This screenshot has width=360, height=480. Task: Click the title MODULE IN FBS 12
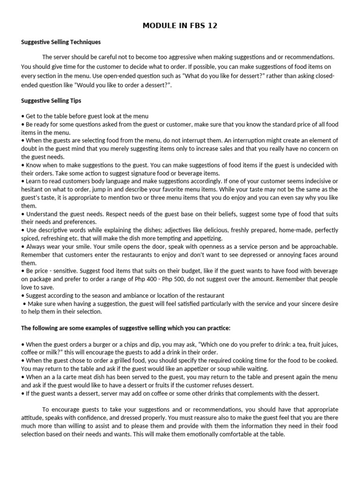coord(180,25)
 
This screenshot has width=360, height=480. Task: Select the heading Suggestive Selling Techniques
coord(61,42)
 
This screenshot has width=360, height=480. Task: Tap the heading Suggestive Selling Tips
coord(52,100)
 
